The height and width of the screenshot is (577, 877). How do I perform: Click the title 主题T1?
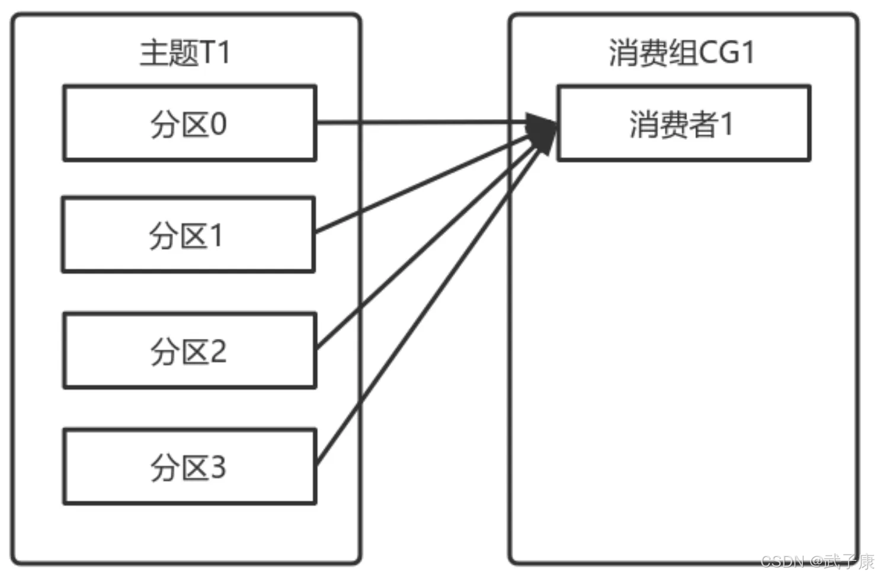(185, 53)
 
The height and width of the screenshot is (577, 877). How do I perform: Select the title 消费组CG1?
(681, 53)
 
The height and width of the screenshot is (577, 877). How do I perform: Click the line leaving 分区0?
(422, 123)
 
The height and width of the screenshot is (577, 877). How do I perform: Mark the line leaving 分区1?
(423, 184)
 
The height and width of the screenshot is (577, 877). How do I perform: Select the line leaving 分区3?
(428, 305)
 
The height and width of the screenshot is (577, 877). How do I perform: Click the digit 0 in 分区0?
(219, 124)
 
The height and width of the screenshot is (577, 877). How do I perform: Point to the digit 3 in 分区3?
(219, 467)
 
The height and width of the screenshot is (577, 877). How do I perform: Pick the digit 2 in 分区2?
(219, 351)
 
